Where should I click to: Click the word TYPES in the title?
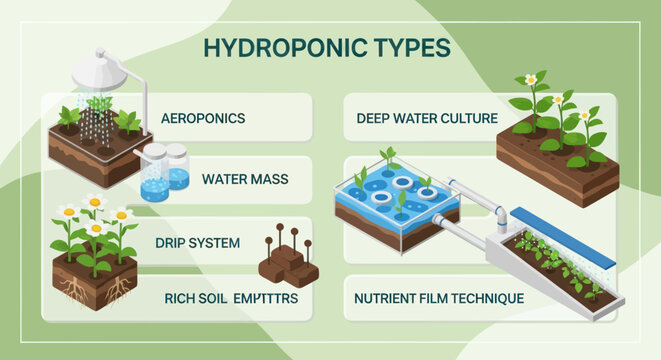coord(407,49)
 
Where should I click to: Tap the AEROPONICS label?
coord(203,118)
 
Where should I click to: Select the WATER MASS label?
coord(245,180)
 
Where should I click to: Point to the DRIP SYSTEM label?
coord(197,242)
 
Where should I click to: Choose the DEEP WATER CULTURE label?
coord(427,118)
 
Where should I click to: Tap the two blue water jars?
coord(165,172)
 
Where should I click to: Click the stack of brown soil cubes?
coord(289,264)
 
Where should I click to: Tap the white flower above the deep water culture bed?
coord(531,79)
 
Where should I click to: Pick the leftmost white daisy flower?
coord(68,211)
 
